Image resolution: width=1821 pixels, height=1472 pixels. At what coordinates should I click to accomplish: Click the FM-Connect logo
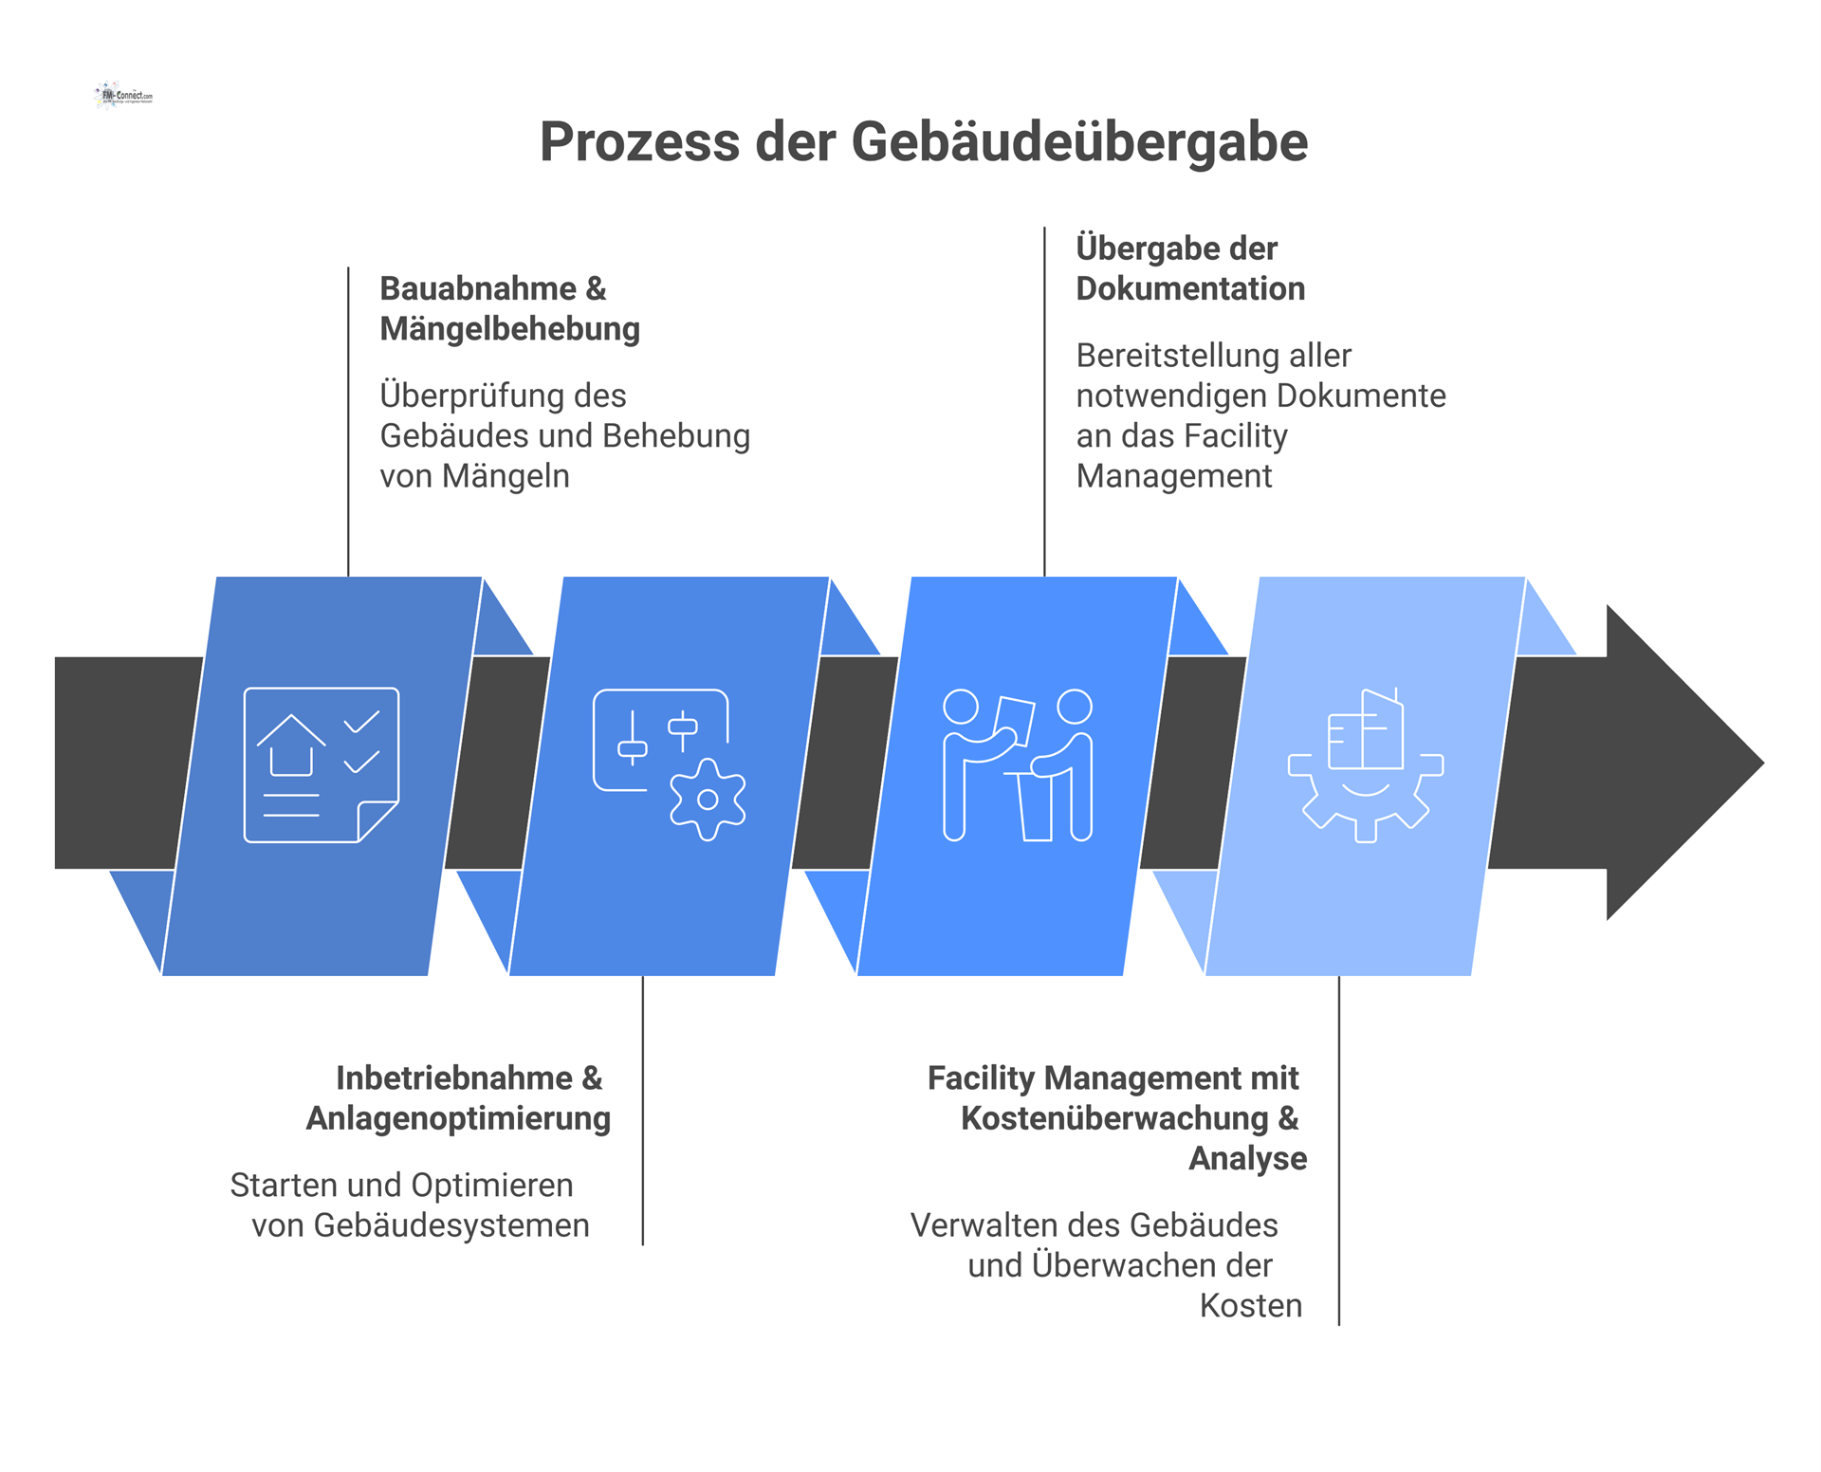[123, 95]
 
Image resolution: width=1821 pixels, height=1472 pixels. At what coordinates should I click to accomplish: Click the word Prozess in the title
[639, 142]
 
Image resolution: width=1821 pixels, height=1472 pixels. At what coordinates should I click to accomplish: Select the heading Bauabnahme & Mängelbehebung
[509, 308]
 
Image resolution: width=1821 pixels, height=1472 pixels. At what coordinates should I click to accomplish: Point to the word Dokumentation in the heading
[1190, 288]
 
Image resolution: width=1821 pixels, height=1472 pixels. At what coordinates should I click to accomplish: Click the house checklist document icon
[321, 764]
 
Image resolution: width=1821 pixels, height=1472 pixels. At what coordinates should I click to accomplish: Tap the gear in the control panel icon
[708, 799]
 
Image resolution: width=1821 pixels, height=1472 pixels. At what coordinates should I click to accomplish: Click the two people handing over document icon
[1018, 764]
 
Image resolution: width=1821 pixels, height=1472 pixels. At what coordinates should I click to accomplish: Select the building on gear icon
[1365, 764]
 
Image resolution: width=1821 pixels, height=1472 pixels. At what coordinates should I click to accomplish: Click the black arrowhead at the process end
[1679, 763]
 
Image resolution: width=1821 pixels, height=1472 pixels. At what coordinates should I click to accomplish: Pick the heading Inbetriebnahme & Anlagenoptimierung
[459, 1098]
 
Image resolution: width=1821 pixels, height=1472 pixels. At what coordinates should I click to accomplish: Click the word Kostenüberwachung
[1114, 1118]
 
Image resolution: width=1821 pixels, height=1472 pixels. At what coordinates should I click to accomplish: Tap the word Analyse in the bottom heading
[1247, 1158]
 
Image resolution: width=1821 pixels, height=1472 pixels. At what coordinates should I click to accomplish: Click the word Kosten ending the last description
[1250, 1306]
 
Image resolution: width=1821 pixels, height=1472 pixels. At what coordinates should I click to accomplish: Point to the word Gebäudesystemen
[451, 1225]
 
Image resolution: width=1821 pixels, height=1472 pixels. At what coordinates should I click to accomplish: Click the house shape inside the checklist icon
[291, 745]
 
